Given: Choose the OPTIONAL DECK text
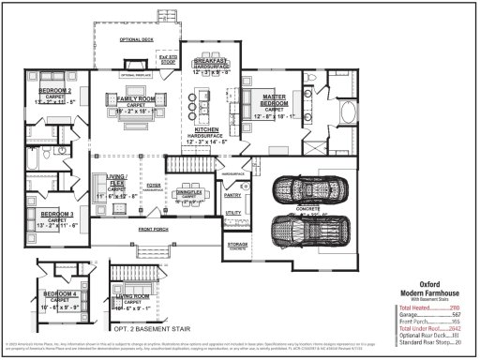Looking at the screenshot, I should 136,40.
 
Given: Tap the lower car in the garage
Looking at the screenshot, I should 310,229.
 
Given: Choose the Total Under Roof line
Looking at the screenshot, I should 429,329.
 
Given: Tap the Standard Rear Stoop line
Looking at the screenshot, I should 429,342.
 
